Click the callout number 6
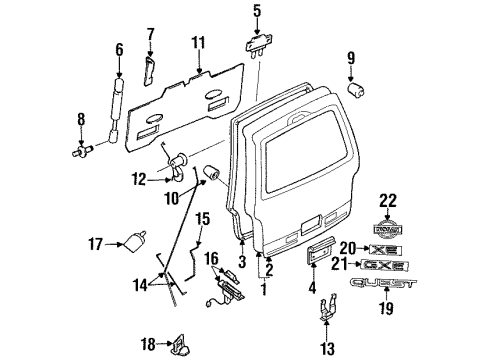pyautogui.click(x=120, y=50)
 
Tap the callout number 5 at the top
pyautogui.click(x=256, y=13)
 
